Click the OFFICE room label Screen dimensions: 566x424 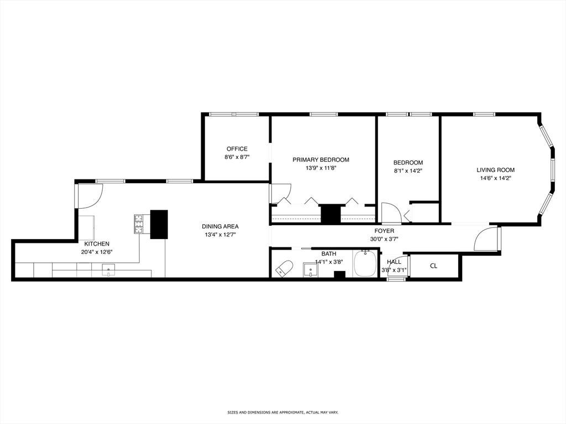pyautogui.click(x=237, y=149)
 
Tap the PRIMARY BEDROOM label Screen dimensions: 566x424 pyautogui.click(x=321, y=160)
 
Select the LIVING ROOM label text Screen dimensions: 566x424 pyautogui.click(x=495, y=170)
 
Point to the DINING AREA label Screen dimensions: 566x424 pyautogui.click(x=220, y=226)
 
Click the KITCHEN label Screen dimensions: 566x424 pyautogui.click(x=97, y=244)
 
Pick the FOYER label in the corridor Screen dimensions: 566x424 pyautogui.click(x=384, y=231)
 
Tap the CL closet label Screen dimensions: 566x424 pyautogui.click(x=433, y=266)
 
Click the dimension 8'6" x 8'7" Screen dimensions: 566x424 pyautogui.click(x=237, y=157)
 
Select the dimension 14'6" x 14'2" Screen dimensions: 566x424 pyautogui.click(x=495, y=178)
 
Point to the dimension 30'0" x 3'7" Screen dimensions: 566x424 pyautogui.click(x=384, y=239)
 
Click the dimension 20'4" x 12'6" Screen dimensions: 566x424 pyautogui.click(x=97, y=252)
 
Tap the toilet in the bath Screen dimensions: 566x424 pyautogui.click(x=284, y=268)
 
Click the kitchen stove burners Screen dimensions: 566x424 pyautogui.click(x=139, y=224)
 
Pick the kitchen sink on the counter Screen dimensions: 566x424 pyautogui.click(x=108, y=269)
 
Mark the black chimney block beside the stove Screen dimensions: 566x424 pyautogui.click(x=159, y=224)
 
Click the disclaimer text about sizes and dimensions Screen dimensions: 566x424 pyautogui.click(x=282, y=412)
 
